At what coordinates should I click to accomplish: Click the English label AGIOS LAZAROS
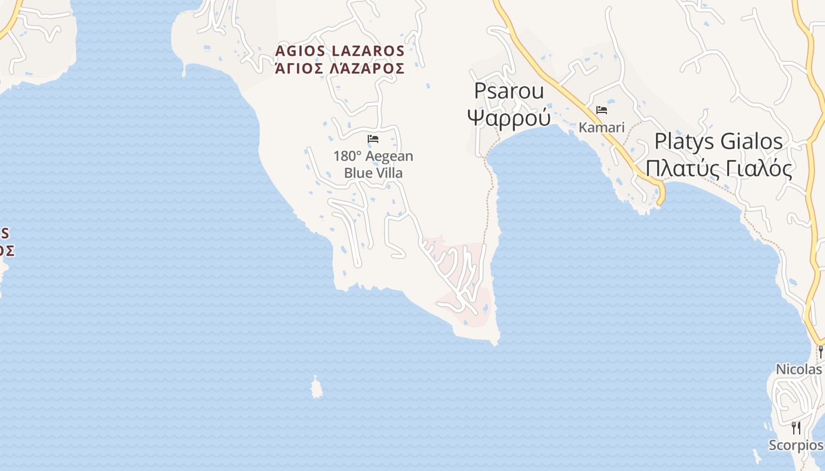[340, 51]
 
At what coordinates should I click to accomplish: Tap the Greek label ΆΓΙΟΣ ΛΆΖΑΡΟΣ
[340, 69]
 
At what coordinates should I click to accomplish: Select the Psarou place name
[509, 91]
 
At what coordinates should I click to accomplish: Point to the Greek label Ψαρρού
[509, 118]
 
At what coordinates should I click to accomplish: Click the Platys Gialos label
[718, 142]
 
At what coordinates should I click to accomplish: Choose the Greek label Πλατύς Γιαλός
[718, 168]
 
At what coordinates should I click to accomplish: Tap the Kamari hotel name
[601, 127]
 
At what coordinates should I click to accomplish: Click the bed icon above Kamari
[602, 110]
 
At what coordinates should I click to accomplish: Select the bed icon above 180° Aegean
[373, 140]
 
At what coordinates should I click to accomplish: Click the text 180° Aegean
[373, 157]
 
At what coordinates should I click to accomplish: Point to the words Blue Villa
[373, 173]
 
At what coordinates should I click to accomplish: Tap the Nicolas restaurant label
[798, 370]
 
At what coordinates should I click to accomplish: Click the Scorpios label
[796, 445]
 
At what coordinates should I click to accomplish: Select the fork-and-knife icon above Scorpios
[796, 427]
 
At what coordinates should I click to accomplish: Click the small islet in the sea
[316, 387]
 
